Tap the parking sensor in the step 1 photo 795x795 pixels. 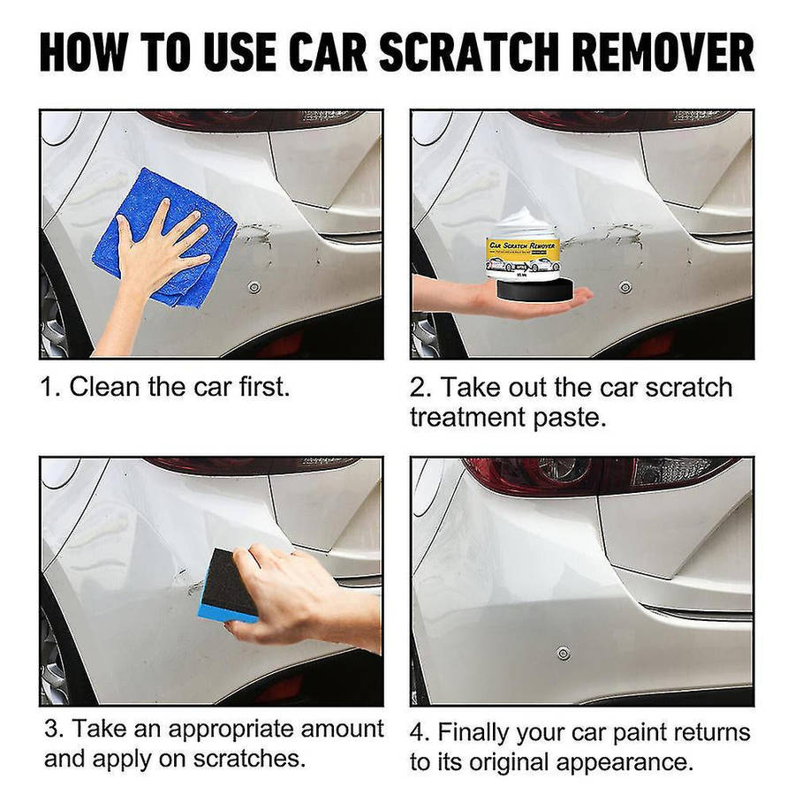point(254,287)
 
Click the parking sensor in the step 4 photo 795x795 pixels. point(563,653)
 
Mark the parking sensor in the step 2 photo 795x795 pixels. point(625,287)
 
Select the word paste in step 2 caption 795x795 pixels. point(571,417)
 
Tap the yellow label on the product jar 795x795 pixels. point(523,253)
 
